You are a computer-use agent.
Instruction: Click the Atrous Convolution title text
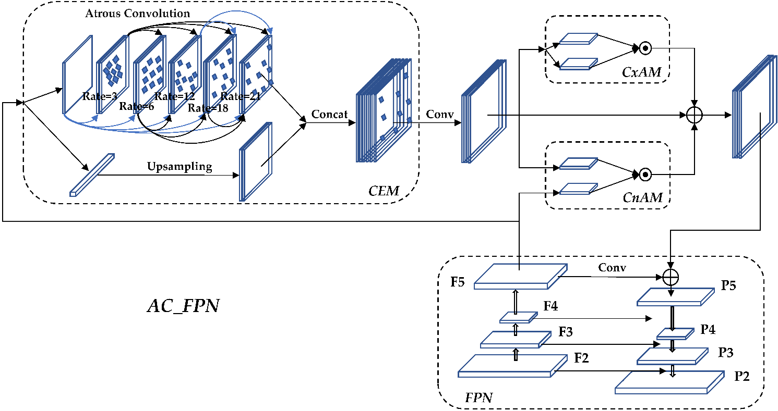pyautogui.click(x=138, y=13)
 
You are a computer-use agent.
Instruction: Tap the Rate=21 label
pyautogui.click(x=241, y=96)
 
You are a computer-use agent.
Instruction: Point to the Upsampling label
pyautogui.click(x=179, y=167)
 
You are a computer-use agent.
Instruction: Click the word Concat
pyautogui.click(x=329, y=114)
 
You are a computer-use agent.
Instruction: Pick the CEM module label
pyautogui.click(x=384, y=191)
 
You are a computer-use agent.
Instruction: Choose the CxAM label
pyautogui.click(x=641, y=72)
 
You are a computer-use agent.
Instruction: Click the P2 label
pyautogui.click(x=741, y=376)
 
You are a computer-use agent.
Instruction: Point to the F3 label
pyautogui.click(x=565, y=331)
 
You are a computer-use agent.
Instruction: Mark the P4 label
pyautogui.click(x=708, y=329)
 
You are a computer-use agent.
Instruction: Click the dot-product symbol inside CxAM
pyautogui.click(x=645, y=48)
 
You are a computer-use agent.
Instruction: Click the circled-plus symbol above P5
pyautogui.click(x=670, y=277)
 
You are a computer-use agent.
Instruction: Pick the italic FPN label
pyautogui.click(x=478, y=398)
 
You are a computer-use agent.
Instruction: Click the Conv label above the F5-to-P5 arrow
pyautogui.click(x=612, y=268)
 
